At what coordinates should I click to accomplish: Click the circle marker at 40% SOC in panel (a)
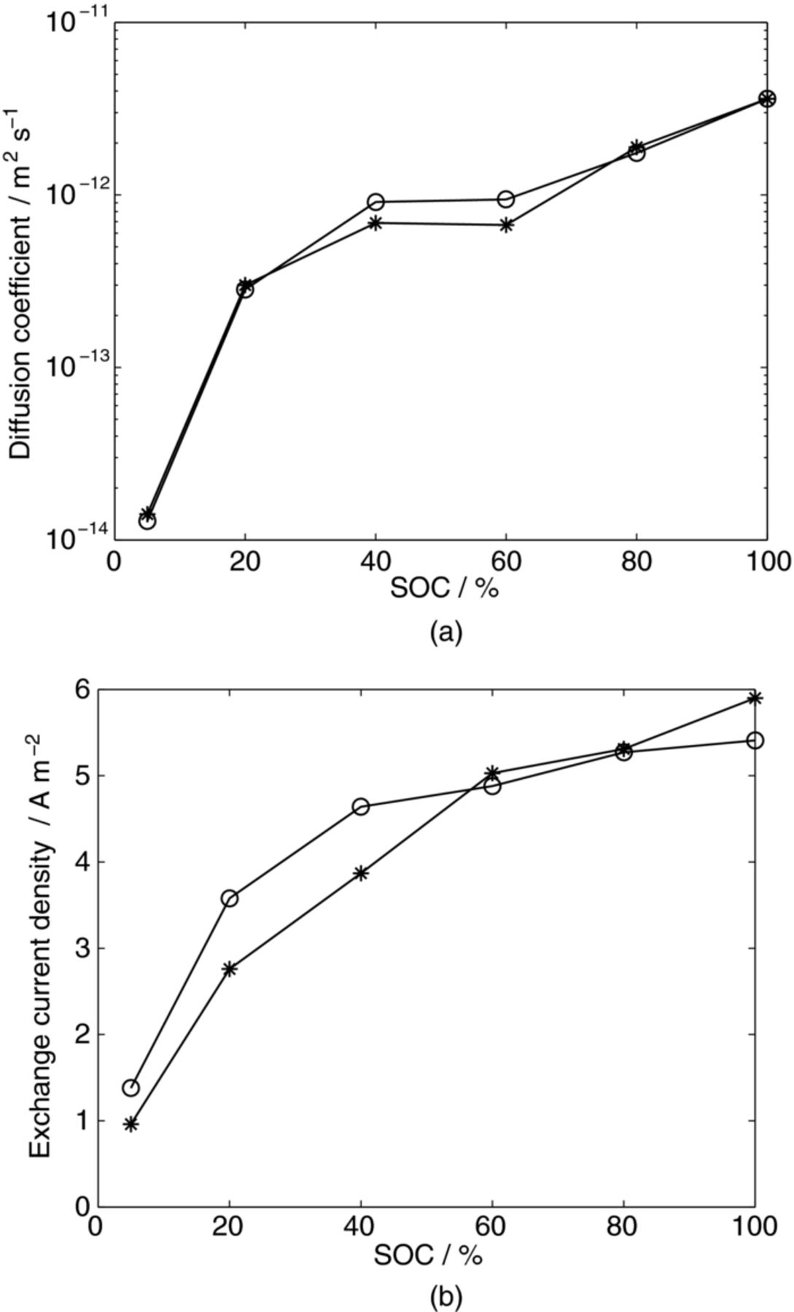pos(375,202)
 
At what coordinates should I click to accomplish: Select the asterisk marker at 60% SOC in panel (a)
pos(506,224)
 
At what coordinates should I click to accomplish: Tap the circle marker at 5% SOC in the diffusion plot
pos(147,521)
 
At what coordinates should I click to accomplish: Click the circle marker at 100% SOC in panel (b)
pos(755,741)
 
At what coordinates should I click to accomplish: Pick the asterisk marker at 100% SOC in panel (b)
pos(755,698)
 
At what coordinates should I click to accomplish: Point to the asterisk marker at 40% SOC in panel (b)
pos(361,873)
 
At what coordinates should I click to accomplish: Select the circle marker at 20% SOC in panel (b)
pos(230,898)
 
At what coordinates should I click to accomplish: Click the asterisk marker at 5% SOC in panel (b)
pos(131,1125)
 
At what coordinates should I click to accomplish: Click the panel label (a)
pos(446,631)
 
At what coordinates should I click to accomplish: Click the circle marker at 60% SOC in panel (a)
pos(506,199)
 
